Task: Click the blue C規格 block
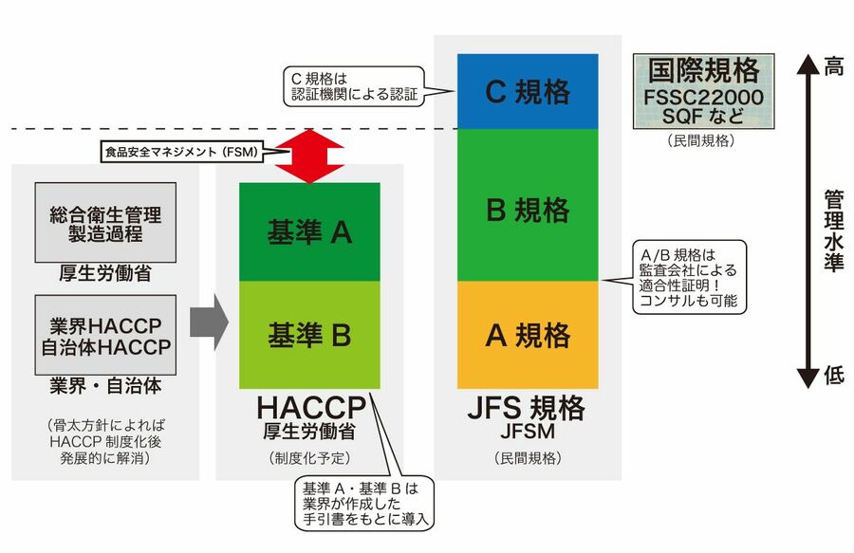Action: pos(528,91)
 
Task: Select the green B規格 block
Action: pos(528,205)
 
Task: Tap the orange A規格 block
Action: pos(528,335)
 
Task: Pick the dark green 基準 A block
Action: pos(309,232)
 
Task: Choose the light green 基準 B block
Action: pos(309,334)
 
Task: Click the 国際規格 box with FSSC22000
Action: pos(704,91)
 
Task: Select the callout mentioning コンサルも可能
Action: pos(689,276)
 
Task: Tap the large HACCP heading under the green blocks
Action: pos(310,409)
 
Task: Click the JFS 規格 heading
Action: pos(528,409)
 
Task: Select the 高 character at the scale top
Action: pos(833,66)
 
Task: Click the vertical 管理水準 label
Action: pos(833,228)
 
